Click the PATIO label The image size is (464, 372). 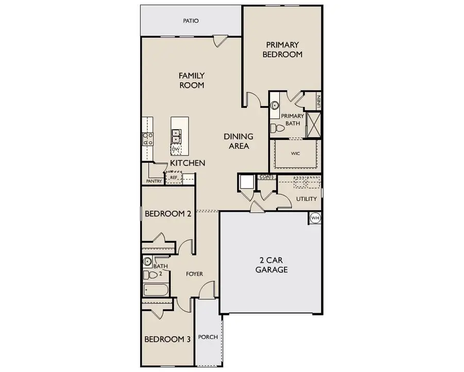[190, 21]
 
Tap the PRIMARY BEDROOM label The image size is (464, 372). [282, 49]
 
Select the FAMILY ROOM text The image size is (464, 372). [191, 81]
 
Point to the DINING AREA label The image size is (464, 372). [238, 141]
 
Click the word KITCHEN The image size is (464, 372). [188, 163]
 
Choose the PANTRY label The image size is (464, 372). [154, 181]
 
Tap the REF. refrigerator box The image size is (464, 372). [174, 178]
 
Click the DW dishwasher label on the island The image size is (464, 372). [175, 149]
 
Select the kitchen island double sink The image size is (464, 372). [176, 136]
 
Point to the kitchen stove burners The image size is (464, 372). [148, 138]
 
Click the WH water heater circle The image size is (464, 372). [315, 219]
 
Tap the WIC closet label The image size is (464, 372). [295, 153]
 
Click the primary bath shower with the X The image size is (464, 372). [313, 125]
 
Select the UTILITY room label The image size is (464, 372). [306, 199]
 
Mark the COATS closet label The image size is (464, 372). [267, 177]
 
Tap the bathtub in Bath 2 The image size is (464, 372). [155, 290]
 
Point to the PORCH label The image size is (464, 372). [208, 337]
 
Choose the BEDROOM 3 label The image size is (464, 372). [168, 339]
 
